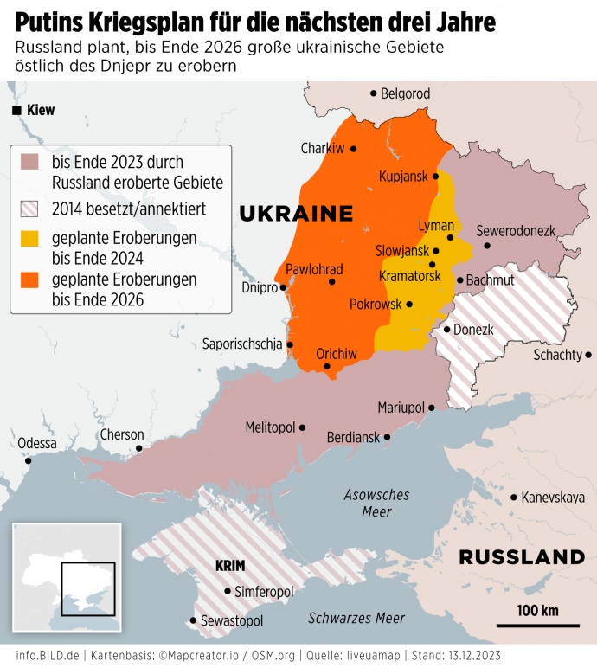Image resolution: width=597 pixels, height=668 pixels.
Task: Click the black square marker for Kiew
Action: pyautogui.click(x=16, y=111)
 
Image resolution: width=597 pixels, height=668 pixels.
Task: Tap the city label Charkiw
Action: pyautogui.click(x=322, y=149)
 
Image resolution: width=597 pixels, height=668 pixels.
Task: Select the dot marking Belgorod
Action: pyautogui.click(x=374, y=93)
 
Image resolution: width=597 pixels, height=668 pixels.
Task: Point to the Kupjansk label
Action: pyautogui.click(x=403, y=177)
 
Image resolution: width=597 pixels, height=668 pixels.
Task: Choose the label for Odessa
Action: pyautogui.click(x=37, y=443)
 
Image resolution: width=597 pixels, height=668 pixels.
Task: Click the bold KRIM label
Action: pyautogui.click(x=229, y=566)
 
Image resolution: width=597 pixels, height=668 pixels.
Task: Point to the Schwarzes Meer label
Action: pyautogui.click(x=356, y=618)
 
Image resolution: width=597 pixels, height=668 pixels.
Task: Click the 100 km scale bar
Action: pyautogui.click(x=537, y=624)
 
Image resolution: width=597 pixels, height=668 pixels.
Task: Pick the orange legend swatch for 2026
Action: pyautogui.click(x=30, y=280)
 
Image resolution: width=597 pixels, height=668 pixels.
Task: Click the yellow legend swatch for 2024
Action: pyautogui.click(x=30, y=238)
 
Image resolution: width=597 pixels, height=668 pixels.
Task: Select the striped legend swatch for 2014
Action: pyautogui.click(x=30, y=209)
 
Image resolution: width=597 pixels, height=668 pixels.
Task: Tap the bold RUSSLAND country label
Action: pyautogui.click(x=522, y=556)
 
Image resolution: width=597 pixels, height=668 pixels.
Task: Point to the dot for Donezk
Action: pyautogui.click(x=446, y=329)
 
